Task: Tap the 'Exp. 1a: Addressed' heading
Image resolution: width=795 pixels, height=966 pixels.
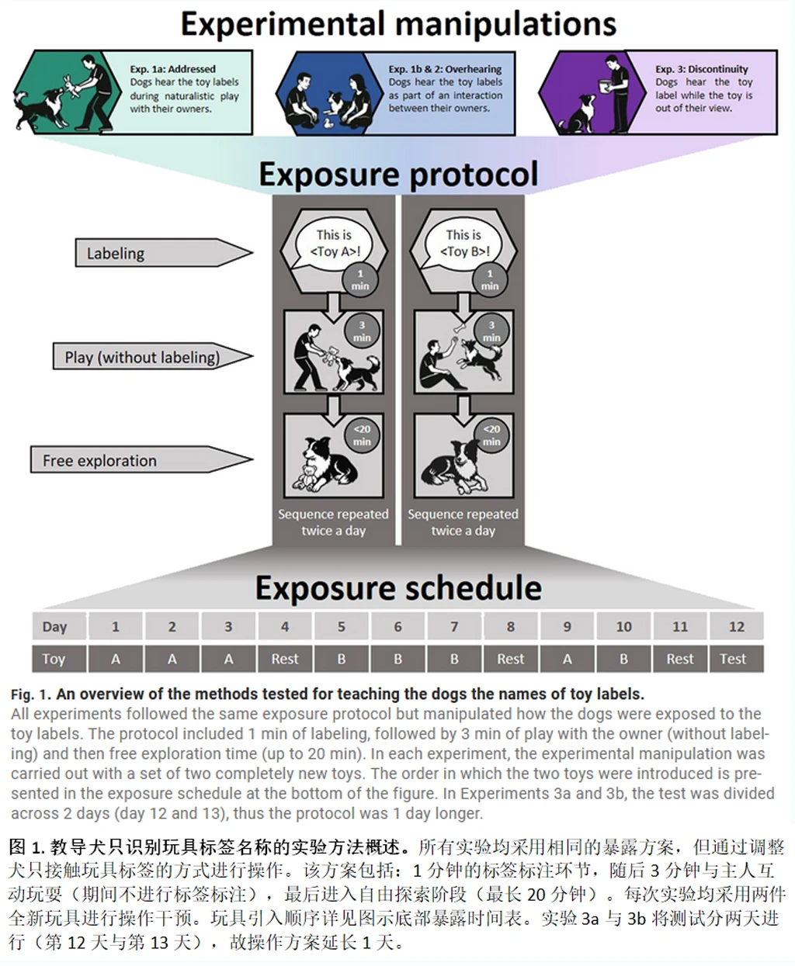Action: [172, 68]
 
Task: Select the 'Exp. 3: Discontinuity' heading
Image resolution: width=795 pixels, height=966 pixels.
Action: [701, 68]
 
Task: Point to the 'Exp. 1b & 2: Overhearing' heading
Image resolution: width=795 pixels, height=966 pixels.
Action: [445, 68]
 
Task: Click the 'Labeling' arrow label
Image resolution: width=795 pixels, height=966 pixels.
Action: [116, 254]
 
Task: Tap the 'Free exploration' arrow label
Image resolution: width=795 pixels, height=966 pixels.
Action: [99, 461]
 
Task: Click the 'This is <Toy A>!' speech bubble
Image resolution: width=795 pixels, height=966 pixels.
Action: [333, 243]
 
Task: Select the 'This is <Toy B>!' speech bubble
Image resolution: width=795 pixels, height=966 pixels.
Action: [463, 243]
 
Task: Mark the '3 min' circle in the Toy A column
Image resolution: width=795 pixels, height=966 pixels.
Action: [362, 331]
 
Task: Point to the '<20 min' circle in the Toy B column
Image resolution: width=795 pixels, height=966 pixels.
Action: [491, 435]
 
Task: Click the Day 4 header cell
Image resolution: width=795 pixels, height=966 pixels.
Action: [285, 627]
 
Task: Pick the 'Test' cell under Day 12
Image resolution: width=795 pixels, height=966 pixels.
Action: [733, 659]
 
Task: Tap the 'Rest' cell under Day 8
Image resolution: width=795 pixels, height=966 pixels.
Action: [511, 659]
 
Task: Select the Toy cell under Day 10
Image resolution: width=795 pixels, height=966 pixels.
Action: [623, 659]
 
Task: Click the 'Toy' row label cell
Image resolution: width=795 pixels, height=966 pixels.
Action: [54, 659]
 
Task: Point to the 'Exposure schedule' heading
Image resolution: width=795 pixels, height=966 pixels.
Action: [397, 588]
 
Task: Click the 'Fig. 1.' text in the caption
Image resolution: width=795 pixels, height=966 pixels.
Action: [32, 694]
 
